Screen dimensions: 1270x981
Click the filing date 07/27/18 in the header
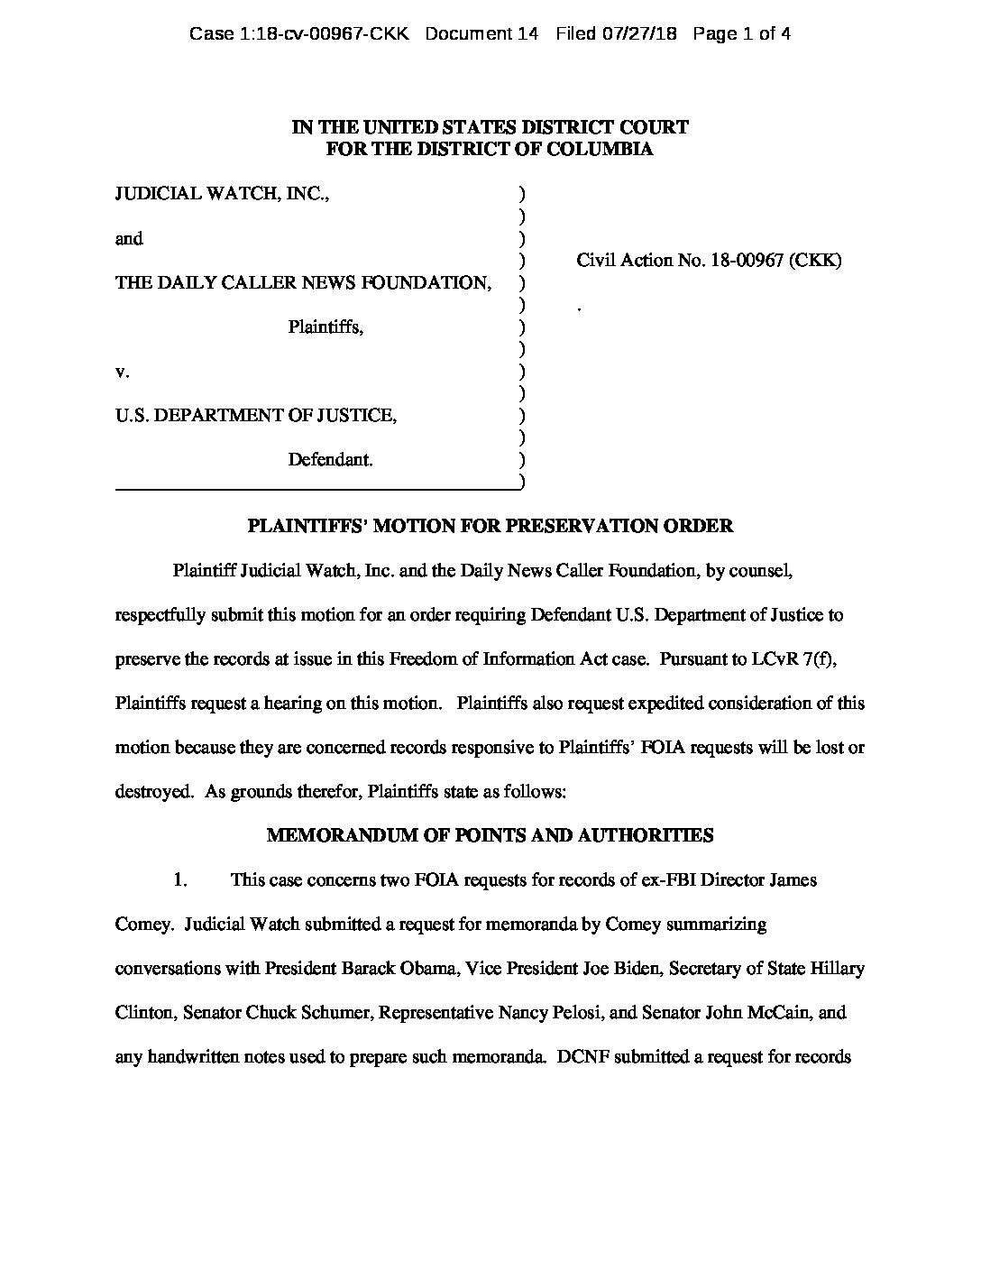(x=641, y=34)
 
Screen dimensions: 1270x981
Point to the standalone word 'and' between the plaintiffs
(x=129, y=239)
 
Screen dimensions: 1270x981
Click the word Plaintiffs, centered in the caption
(x=325, y=327)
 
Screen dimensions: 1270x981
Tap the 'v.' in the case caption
(x=123, y=372)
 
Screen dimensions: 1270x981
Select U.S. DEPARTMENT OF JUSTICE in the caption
(x=255, y=416)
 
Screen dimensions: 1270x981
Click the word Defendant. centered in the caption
(x=330, y=460)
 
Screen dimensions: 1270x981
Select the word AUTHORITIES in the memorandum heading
(x=655, y=835)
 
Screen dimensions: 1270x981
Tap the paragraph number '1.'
(x=179, y=879)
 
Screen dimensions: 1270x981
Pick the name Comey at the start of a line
(x=141, y=925)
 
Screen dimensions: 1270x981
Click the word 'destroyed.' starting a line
(x=153, y=792)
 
